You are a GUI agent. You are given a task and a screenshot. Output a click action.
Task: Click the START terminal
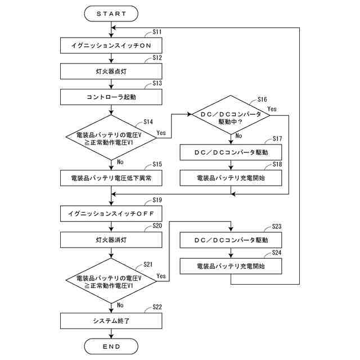tap(111, 13)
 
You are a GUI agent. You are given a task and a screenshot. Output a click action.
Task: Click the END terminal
tap(111, 346)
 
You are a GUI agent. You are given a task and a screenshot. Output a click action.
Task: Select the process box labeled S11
tap(111, 46)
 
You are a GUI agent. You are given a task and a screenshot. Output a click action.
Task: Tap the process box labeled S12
tap(111, 71)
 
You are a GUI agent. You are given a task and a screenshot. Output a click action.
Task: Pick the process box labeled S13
tap(111, 97)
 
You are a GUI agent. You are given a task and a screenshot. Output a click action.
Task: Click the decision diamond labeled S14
tap(111, 137)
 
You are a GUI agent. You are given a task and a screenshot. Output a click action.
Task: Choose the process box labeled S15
tap(111, 178)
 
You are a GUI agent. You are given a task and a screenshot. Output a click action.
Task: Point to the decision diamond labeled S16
tap(231, 115)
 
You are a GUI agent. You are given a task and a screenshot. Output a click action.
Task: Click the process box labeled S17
tap(231, 152)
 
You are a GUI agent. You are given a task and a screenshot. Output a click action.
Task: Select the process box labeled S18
tap(231, 178)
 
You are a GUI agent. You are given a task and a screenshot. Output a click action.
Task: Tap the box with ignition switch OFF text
tap(111, 214)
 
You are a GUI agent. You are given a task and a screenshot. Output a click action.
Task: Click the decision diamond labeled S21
tap(111, 281)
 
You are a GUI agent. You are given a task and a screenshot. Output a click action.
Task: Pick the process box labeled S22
tap(111, 321)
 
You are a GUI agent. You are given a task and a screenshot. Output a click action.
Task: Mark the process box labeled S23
tap(231, 240)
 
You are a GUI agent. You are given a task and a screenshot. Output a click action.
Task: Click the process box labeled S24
tap(231, 266)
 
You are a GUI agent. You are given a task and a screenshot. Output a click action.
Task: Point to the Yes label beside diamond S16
tap(272, 109)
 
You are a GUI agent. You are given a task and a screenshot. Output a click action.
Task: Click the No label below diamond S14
tap(120, 162)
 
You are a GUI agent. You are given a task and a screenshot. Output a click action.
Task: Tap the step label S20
tap(157, 226)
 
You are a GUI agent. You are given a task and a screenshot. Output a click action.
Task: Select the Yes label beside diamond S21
tap(161, 276)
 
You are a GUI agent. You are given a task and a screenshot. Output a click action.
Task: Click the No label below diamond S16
tap(238, 136)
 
